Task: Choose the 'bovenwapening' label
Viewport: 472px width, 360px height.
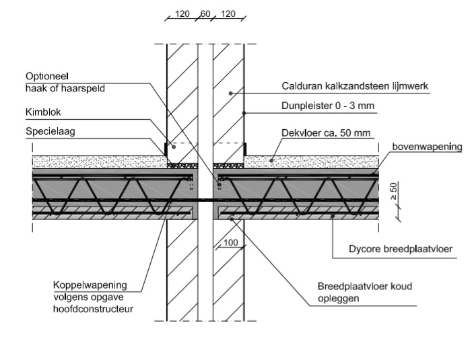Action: point(427,146)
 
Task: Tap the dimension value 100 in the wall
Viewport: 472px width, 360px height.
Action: point(231,242)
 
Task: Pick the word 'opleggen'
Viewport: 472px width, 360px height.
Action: point(336,297)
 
